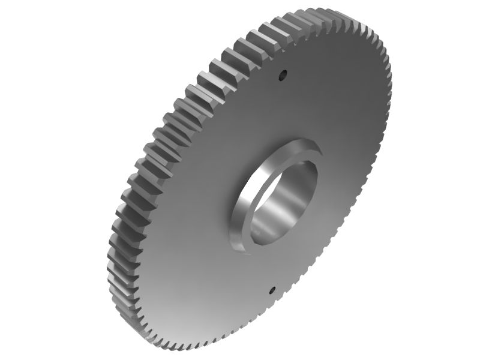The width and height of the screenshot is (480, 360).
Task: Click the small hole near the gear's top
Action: [x=283, y=76]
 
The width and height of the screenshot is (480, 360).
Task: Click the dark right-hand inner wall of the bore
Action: [x=309, y=192]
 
